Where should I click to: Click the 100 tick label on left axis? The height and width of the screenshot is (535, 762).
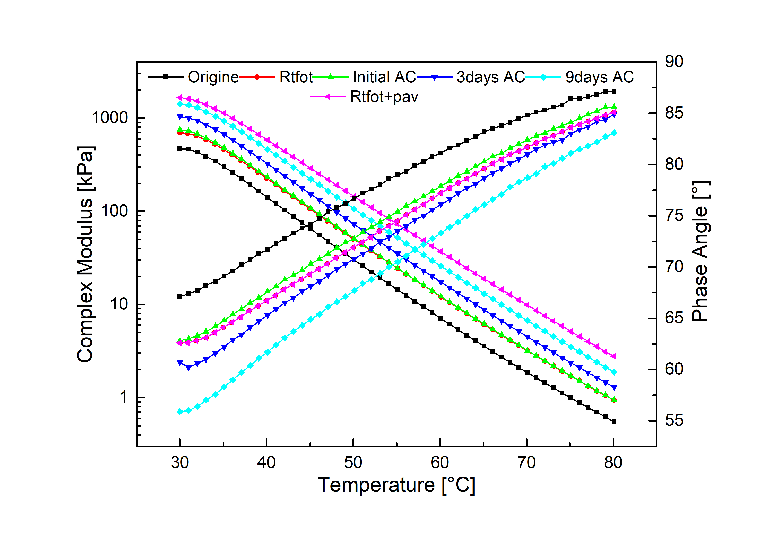click(x=114, y=211)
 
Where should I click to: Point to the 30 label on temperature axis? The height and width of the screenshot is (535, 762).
click(x=180, y=463)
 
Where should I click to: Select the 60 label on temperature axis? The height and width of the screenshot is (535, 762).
click(x=440, y=463)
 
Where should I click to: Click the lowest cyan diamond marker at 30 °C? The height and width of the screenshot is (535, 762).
click(x=180, y=412)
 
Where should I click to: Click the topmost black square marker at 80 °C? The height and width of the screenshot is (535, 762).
click(x=614, y=91)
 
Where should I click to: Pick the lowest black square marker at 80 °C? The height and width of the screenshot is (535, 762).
click(x=614, y=422)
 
